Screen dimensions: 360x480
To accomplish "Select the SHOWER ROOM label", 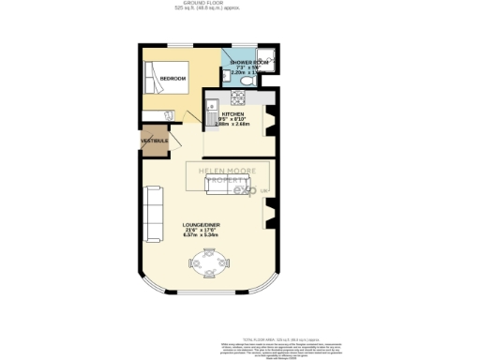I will coord(249,63).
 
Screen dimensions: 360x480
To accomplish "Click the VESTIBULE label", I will coord(155,142).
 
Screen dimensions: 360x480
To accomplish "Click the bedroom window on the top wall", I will coord(177,44).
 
